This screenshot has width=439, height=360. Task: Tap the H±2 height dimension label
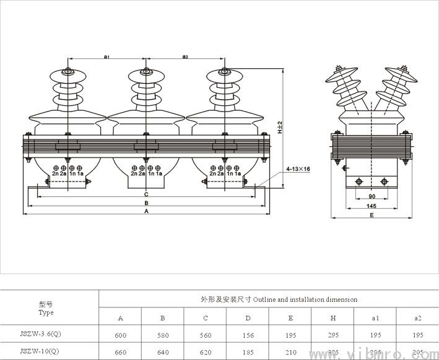[x=280, y=127]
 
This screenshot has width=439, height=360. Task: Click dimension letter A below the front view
[x=146, y=211]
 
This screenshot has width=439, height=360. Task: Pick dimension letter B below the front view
[x=146, y=203]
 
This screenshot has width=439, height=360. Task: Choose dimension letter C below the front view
[x=146, y=194]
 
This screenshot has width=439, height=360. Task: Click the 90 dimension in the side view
[x=370, y=197]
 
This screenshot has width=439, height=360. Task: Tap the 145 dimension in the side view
[x=370, y=206]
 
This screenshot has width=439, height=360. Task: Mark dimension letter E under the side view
[x=370, y=215]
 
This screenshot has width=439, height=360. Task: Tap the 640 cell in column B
[x=163, y=351]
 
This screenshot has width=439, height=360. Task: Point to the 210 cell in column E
[x=290, y=351]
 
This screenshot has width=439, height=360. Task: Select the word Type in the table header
[x=46, y=312]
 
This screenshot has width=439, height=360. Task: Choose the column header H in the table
[x=333, y=318]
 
